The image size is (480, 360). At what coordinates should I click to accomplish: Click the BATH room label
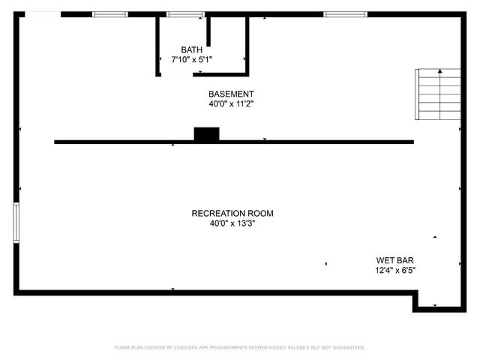click(191, 49)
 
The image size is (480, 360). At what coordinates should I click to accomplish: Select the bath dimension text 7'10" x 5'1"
click(192, 59)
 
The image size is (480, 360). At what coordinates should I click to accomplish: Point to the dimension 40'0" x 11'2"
click(231, 104)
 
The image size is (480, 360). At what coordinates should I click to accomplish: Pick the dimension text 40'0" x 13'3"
click(237, 223)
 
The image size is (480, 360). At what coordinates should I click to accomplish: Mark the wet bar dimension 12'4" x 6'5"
click(395, 270)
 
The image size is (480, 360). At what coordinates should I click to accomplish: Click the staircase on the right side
click(439, 94)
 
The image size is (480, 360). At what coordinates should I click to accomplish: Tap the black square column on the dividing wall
click(206, 134)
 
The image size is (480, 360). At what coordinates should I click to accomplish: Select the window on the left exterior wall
click(16, 222)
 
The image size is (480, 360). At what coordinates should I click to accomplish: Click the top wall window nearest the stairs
click(346, 14)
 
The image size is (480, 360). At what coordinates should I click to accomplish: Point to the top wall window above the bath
click(184, 14)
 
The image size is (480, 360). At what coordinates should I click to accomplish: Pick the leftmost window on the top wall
click(110, 14)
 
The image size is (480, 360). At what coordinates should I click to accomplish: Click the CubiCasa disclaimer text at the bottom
click(239, 347)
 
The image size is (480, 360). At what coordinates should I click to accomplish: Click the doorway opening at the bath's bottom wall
click(178, 74)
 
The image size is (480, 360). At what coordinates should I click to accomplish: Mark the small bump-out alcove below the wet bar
click(435, 301)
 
